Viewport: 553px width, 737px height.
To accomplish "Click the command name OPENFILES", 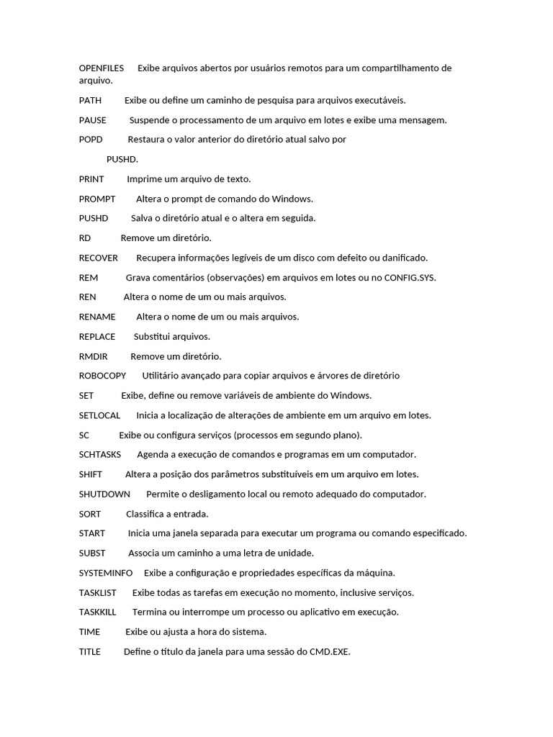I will pyautogui.click(x=102, y=68).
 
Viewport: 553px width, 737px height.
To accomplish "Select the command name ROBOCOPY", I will pyautogui.click(x=102, y=376).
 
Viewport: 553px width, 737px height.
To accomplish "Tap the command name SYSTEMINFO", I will pyautogui.click(x=106, y=573).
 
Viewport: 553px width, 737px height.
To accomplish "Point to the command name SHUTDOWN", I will pyautogui.click(x=104, y=494).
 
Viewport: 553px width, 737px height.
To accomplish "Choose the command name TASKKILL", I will pyautogui.click(x=98, y=612).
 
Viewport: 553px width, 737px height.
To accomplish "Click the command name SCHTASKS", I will pyautogui.click(x=100, y=455).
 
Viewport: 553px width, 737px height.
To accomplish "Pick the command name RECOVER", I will pyautogui.click(x=99, y=258).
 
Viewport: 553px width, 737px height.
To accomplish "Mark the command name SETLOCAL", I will pyautogui.click(x=100, y=415).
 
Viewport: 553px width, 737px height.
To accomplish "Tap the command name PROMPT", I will pyautogui.click(x=97, y=199).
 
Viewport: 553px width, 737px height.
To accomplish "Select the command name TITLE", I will pyautogui.click(x=90, y=652).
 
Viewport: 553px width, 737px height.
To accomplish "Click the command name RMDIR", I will pyautogui.click(x=94, y=356).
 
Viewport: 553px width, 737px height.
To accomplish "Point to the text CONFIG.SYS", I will pyautogui.click(x=410, y=278).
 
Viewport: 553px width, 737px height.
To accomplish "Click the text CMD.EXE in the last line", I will pyautogui.click(x=330, y=652).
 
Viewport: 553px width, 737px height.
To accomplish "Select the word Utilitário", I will pyautogui.click(x=163, y=376).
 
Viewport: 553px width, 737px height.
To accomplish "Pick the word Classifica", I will pyautogui.click(x=147, y=514).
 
